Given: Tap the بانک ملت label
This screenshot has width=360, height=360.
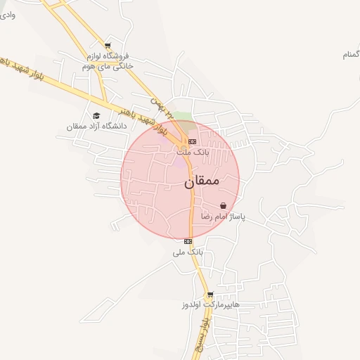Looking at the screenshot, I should coord(192,152).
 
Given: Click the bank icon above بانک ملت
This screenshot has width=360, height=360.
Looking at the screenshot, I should coord(192,141).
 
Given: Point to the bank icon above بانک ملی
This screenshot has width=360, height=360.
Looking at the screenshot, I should coord(188,241).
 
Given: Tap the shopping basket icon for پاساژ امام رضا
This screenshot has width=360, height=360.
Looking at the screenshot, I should coord(223,206).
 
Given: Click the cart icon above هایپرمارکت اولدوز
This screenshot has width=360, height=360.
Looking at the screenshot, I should coord(210,295).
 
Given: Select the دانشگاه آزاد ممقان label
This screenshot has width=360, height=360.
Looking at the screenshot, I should coord(96,126).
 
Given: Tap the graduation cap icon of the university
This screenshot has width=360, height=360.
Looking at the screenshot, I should coord(96,115).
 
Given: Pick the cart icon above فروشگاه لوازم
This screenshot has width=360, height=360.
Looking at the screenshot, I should coord(107,44).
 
